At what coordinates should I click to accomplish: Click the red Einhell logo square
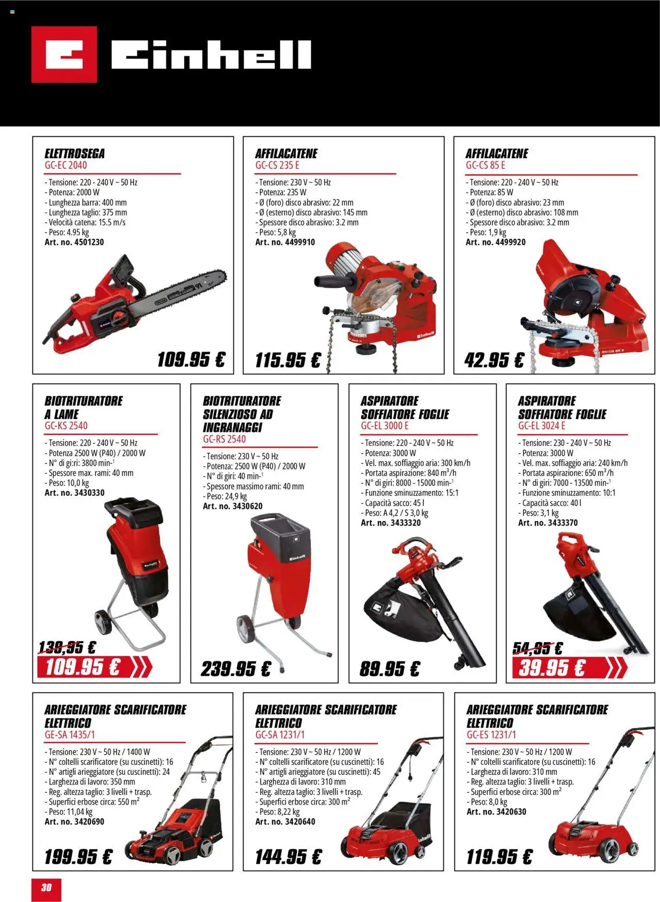(64, 54)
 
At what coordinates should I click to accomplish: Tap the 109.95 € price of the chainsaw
(191, 359)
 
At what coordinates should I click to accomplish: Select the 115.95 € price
(288, 360)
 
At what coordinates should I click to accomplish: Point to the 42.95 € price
(494, 360)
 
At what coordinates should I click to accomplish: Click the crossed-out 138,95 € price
(68, 647)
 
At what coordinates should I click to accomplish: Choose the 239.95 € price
(236, 669)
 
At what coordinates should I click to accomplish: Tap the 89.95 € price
(390, 669)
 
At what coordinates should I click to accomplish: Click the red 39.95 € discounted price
(552, 668)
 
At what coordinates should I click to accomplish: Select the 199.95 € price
(78, 857)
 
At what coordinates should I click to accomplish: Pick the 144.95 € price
(288, 857)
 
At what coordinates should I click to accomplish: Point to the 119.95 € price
(499, 857)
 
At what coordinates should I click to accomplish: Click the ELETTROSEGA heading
(75, 154)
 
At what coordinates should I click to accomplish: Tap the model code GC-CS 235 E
(277, 165)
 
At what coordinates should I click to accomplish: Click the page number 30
(46, 887)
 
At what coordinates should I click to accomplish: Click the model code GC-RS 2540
(224, 439)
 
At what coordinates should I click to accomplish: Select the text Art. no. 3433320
(391, 523)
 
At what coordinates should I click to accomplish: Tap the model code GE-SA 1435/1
(70, 735)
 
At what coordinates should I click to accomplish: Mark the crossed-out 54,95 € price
(538, 648)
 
